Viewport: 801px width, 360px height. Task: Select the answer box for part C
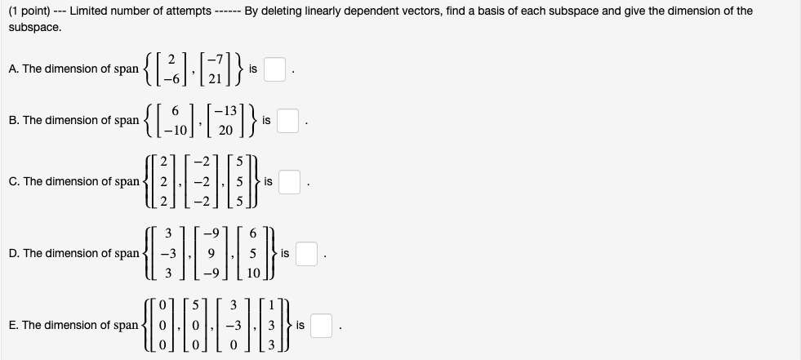(x=290, y=181)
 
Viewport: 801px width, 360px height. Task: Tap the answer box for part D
(x=306, y=254)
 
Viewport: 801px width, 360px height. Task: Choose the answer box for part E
(x=321, y=325)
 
